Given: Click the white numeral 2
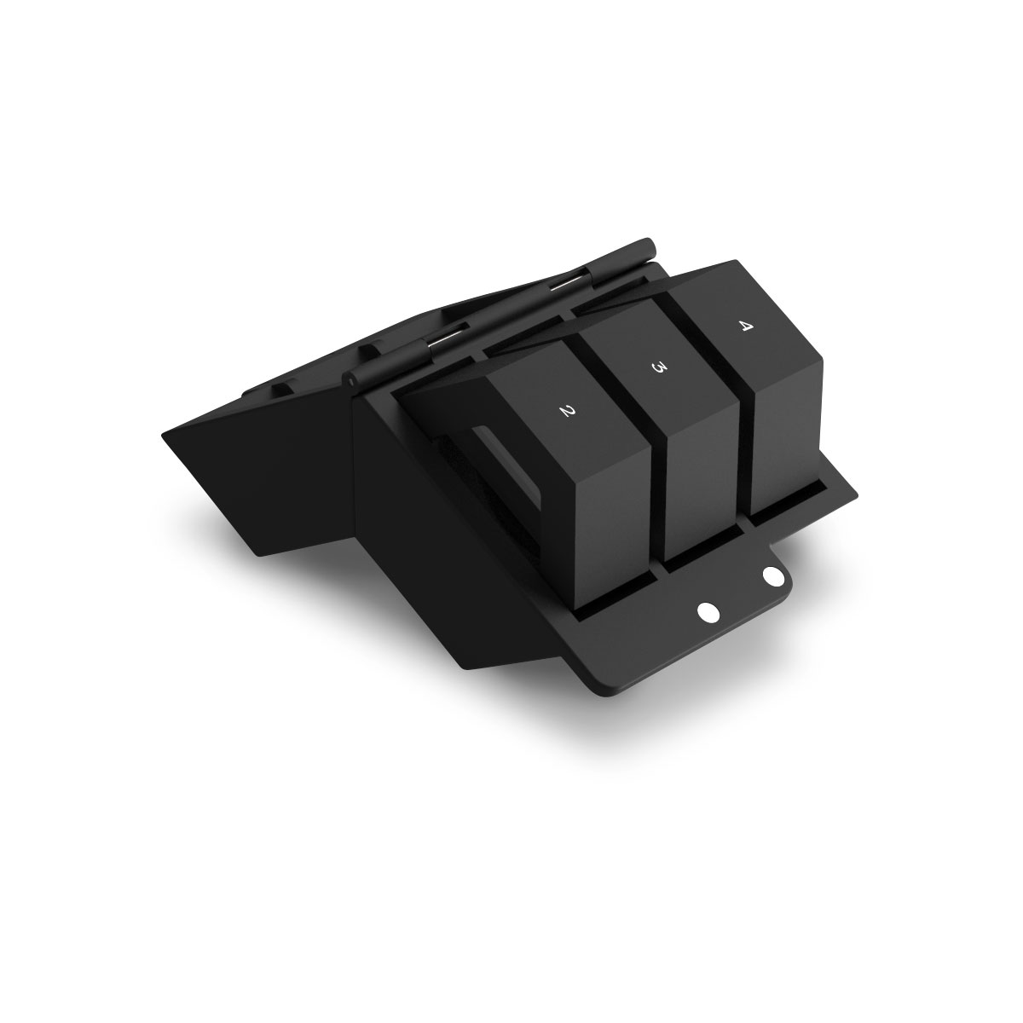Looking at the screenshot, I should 565,412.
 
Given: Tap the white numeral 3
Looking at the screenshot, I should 658,367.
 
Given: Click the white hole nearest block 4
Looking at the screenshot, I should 772,577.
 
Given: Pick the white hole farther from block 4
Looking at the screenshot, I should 708,611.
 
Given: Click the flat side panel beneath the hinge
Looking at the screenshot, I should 426,546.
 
